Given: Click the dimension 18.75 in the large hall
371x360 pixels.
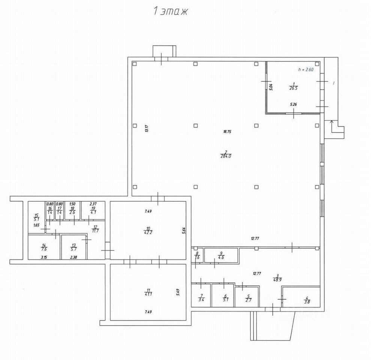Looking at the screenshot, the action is pyautogui.click(x=227, y=132).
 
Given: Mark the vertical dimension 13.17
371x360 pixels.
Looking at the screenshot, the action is pyautogui.click(x=147, y=129).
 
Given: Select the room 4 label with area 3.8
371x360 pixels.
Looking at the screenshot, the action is pyautogui.click(x=306, y=300).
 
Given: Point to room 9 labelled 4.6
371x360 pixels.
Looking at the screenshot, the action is pyautogui.click(x=221, y=255).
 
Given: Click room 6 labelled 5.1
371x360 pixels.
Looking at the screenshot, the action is pyautogui.click(x=225, y=298).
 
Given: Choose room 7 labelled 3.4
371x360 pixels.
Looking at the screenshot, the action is pyautogui.click(x=201, y=298).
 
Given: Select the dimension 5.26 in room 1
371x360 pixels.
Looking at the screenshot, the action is pyautogui.click(x=293, y=105).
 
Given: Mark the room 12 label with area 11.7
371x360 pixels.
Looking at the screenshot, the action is pyautogui.click(x=95, y=229).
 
